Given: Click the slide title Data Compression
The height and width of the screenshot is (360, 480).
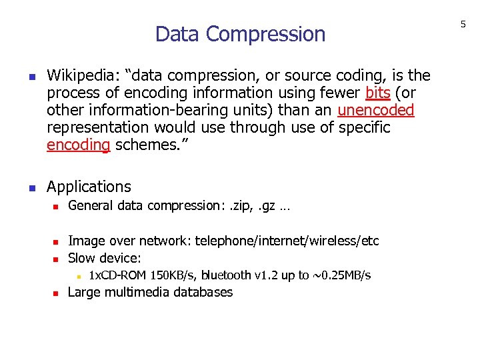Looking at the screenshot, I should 240,33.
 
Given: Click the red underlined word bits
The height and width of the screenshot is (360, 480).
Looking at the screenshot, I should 378,93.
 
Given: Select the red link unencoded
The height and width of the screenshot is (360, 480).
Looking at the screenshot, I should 376,110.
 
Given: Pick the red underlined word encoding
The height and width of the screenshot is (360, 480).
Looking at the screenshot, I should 78,145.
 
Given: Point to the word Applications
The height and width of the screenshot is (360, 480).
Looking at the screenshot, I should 89,187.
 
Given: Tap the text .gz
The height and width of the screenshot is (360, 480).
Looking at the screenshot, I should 267,206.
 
